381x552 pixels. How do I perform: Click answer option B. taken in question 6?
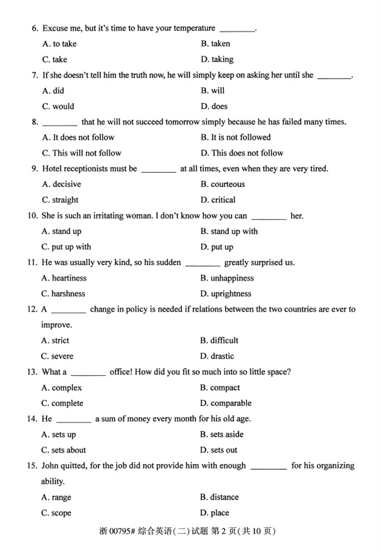[x=215, y=44]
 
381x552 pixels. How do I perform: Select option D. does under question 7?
[x=214, y=107]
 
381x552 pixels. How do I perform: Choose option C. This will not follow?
[x=82, y=153]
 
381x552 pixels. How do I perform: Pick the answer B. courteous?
[x=223, y=184]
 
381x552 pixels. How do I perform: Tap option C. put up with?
[x=67, y=247]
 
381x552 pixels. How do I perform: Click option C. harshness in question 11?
[x=63, y=294]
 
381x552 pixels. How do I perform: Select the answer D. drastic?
[x=217, y=356]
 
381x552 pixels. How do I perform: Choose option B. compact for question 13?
[x=220, y=388]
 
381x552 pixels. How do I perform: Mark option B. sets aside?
[x=222, y=435]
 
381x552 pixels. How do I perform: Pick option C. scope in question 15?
[x=56, y=513]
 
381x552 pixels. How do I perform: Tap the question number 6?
[x=35, y=28]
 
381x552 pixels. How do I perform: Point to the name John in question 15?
[x=52, y=466]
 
